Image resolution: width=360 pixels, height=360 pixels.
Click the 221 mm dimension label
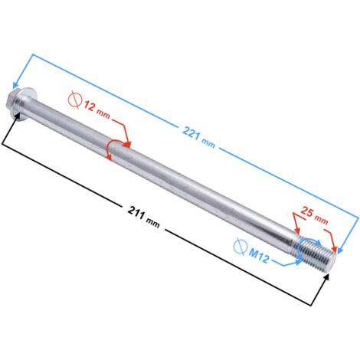198,138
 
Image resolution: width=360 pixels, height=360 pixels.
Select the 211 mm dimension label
144,217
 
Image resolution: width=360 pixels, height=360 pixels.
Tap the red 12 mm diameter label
97,110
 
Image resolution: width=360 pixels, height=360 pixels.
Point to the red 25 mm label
314,215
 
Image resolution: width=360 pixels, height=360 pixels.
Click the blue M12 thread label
259,256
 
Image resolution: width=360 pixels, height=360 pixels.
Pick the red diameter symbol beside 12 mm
75,100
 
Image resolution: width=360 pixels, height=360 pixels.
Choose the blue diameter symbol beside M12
240,247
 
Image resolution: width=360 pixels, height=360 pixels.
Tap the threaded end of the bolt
316,253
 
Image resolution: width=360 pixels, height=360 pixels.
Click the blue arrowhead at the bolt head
16,84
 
